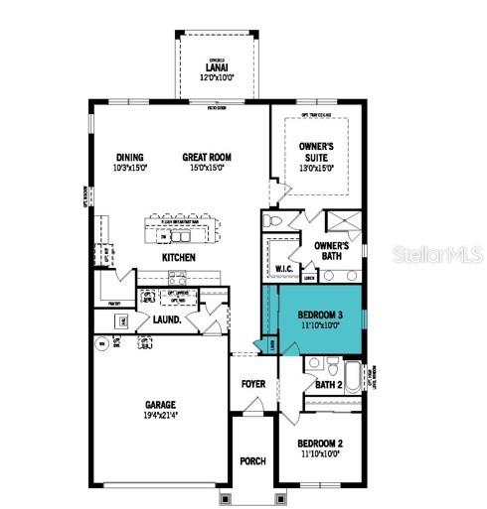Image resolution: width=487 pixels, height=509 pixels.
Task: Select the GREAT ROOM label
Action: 208,157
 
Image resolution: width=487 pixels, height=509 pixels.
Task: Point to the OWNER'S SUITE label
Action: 318,152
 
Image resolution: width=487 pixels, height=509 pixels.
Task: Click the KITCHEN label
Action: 179,257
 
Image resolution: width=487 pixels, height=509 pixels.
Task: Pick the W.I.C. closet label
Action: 281,269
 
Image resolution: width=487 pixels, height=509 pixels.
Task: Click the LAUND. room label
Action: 165,319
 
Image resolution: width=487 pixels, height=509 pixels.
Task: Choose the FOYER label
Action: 253,384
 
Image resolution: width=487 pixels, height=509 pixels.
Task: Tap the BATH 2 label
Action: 329,384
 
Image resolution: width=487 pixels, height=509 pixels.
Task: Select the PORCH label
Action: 252,461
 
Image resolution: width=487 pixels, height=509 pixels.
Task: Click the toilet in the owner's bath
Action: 274,220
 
